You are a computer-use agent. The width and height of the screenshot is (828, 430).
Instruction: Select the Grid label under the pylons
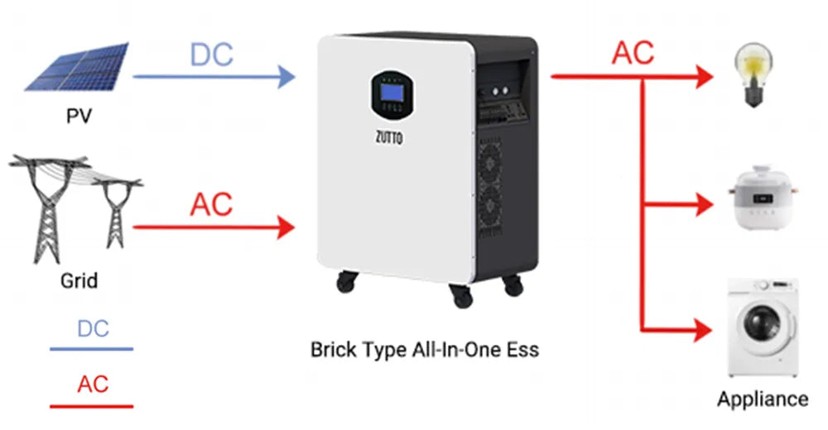click(79, 280)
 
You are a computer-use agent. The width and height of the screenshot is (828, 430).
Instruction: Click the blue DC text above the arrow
click(211, 55)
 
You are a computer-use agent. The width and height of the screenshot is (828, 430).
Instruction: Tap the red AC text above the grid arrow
click(211, 203)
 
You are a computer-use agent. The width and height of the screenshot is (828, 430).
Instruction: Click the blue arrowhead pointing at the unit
click(286, 77)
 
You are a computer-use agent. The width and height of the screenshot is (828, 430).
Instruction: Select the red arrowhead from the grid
click(286, 226)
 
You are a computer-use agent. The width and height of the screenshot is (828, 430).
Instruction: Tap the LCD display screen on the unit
click(388, 88)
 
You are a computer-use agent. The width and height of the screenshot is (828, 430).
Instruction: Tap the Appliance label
click(763, 399)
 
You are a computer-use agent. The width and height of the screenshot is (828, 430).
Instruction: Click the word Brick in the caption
click(331, 350)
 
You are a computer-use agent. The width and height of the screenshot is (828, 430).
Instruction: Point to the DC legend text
click(93, 328)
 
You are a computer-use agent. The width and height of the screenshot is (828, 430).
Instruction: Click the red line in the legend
click(91, 406)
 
